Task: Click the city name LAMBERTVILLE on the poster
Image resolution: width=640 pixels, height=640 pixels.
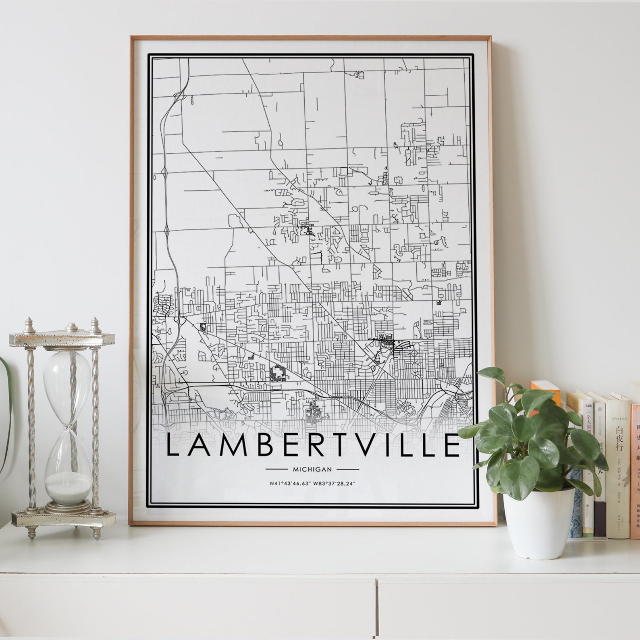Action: [x=313, y=445]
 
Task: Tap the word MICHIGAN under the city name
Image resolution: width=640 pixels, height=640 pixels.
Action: [x=313, y=469]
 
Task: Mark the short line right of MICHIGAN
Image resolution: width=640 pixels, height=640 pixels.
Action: [x=347, y=469]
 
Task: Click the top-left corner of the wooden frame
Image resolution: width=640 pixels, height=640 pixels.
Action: [x=132, y=37]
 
